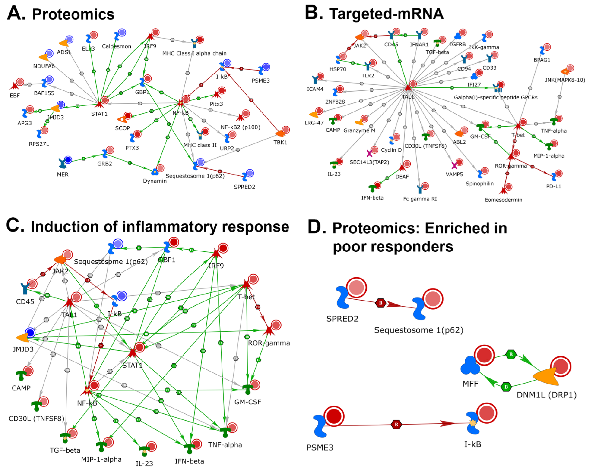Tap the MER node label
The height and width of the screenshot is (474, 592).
tap(63, 174)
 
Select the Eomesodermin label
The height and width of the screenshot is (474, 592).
tap(503, 200)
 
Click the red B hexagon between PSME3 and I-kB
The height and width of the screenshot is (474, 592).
tap(396, 425)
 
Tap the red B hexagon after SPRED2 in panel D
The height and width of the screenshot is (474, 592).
tap(381, 303)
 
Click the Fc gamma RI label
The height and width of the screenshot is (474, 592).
tap(420, 199)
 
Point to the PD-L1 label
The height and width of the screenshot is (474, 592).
tap(554, 186)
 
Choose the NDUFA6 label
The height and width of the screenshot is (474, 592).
tap(44, 66)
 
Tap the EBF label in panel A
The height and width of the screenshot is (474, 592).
tap(15, 96)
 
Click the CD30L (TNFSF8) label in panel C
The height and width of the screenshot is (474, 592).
tap(37, 419)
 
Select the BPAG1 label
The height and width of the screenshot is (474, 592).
tap(542, 60)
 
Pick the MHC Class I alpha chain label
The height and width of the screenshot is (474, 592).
tap(194, 53)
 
